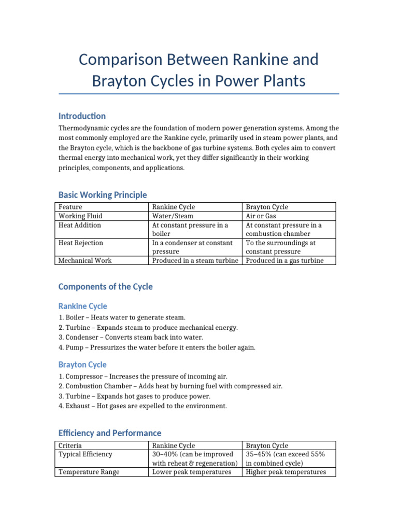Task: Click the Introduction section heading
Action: [x=82, y=116]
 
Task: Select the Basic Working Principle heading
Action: [x=103, y=195]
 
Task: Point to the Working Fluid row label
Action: [x=80, y=216]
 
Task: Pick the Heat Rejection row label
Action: [x=81, y=243]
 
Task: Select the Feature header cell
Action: [x=70, y=207]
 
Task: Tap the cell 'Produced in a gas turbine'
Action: [x=285, y=260]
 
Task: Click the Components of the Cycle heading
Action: [x=105, y=287]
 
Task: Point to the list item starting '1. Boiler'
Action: [x=121, y=317]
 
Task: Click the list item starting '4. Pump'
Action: [x=157, y=347]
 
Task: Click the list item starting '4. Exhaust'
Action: [x=143, y=406]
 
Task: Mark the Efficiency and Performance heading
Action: [x=109, y=433]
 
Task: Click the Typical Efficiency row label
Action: [x=86, y=454]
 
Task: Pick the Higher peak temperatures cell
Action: [x=286, y=472]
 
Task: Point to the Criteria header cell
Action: [x=70, y=445]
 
